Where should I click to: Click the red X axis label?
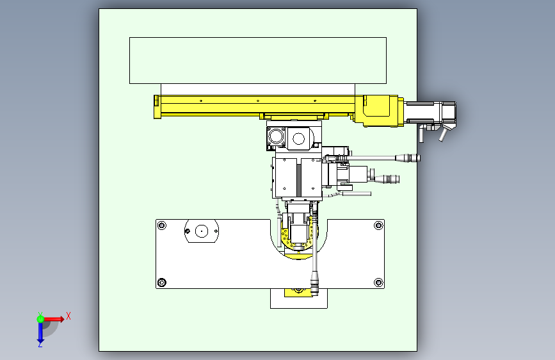click(68, 316)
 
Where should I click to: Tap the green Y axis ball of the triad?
click(40, 319)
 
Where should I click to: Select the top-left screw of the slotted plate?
click(162, 225)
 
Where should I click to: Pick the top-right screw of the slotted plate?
click(378, 225)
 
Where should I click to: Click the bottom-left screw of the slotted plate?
click(162, 282)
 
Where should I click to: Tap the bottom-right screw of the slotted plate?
click(378, 282)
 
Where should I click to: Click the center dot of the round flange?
click(202, 231)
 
